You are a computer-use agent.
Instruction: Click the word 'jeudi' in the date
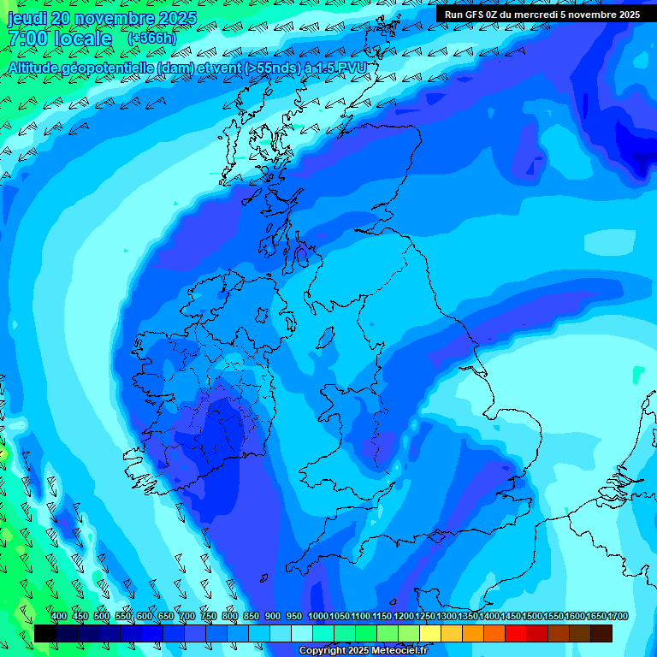[x=28, y=18]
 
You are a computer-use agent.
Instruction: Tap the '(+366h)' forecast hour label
[x=151, y=38]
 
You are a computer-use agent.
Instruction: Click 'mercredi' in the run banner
[x=537, y=15]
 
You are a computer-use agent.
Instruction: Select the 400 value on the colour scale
[x=59, y=617]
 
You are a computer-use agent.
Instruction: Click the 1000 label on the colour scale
[x=318, y=617]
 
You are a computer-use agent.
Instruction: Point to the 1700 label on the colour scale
[x=618, y=617]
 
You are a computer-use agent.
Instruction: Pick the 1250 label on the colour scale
[x=425, y=617]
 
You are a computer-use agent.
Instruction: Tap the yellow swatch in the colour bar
[x=430, y=633]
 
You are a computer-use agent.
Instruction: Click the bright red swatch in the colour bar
[x=516, y=633]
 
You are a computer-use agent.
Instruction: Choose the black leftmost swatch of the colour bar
[x=45, y=633]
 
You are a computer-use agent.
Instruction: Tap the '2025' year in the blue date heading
[x=176, y=18]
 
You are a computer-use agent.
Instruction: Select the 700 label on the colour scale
[x=187, y=617]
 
